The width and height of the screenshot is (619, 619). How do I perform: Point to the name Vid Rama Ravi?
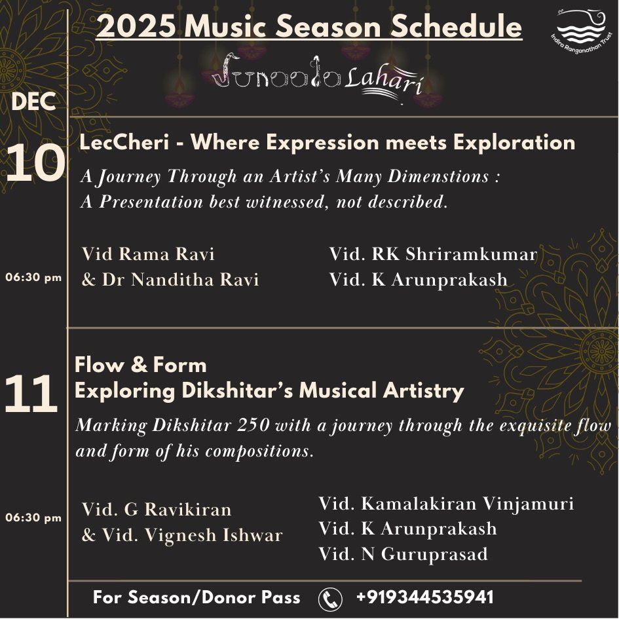(148, 253)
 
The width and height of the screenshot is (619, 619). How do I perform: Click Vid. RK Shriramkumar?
(433, 253)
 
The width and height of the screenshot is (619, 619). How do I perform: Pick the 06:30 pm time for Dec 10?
(33, 277)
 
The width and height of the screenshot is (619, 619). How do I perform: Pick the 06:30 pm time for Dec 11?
(33, 517)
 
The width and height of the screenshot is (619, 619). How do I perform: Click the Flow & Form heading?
(140, 365)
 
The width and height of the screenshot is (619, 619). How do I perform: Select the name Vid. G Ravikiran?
(157, 509)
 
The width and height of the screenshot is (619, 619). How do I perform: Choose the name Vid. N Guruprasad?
(403, 554)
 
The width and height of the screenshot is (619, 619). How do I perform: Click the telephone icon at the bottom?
(330, 598)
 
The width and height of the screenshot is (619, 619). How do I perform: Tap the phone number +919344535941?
(424, 597)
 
